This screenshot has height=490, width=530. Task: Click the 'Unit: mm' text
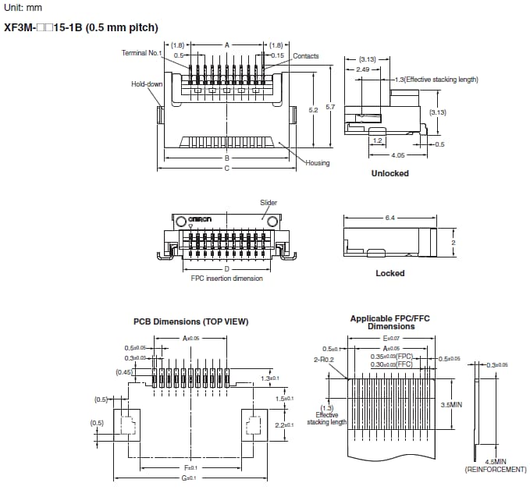tap(23, 8)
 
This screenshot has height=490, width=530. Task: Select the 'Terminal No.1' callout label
tap(141, 52)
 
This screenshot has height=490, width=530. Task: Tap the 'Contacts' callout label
tap(306, 56)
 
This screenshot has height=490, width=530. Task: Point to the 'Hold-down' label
tap(147, 83)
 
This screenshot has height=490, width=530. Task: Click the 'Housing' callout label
tap(318, 163)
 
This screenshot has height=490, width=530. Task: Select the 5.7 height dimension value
tap(330, 106)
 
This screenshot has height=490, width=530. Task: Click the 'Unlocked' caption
tap(389, 173)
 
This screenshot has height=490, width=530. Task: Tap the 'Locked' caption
tap(389, 273)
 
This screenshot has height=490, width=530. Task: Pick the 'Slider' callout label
tap(269, 203)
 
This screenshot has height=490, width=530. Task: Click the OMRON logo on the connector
tap(199, 221)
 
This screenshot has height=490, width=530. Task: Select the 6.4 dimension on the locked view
tap(389, 218)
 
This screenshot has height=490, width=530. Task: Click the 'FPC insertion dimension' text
tap(226, 278)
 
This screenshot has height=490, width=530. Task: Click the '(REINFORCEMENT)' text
tap(496, 470)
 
